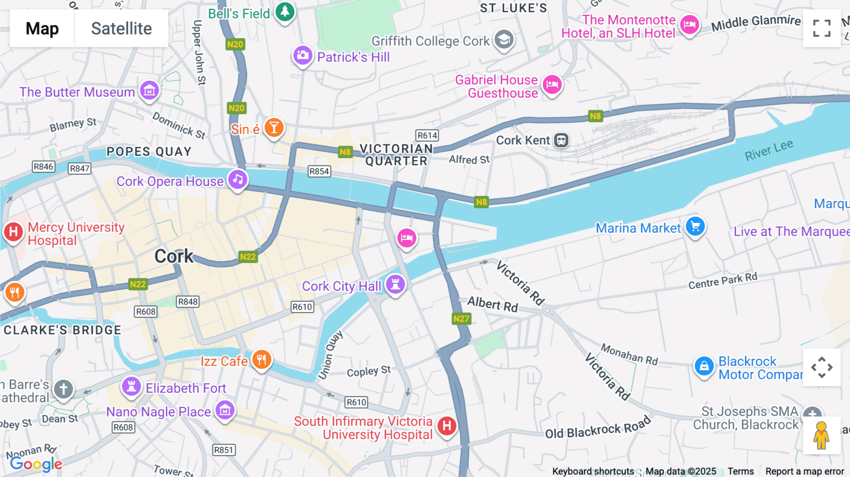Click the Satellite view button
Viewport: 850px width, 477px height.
[121, 28]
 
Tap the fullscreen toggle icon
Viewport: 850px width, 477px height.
[822, 28]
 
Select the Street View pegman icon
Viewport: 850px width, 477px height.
[821, 435]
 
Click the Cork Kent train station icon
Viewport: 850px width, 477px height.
[561, 140]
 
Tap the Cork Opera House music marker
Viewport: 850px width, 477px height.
[238, 179]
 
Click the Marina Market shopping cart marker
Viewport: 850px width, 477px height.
[695, 226]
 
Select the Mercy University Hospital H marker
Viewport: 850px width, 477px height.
[14, 232]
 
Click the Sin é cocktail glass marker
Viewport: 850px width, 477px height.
[274, 127]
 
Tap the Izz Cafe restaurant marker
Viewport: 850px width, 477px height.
[262, 360]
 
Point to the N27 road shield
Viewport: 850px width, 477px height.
[461, 318]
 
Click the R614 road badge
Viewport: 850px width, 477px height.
[427, 136]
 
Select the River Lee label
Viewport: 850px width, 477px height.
[769, 150]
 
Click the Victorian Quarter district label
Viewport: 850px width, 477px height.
[396, 155]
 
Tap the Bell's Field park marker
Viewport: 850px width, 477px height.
[285, 11]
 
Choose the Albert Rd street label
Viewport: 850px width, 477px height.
[493, 304]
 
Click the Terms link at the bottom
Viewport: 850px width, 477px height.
[740, 471]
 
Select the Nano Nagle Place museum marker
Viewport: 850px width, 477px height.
[225, 410]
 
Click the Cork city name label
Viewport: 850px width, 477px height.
[174, 256]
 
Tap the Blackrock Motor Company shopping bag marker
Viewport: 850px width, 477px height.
[704, 366]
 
